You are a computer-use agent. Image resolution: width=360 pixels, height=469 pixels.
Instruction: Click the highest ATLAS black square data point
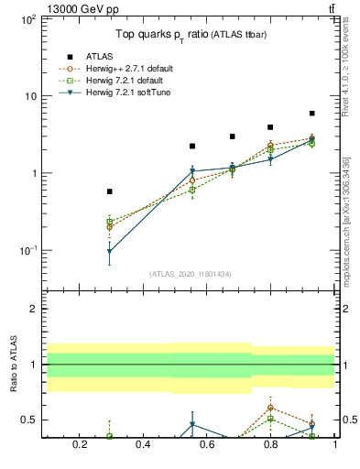[x=312, y=114]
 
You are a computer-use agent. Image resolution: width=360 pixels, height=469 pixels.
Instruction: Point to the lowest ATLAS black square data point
[x=110, y=191]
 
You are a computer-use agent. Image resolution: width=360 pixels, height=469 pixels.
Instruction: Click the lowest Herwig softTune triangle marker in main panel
[x=110, y=251]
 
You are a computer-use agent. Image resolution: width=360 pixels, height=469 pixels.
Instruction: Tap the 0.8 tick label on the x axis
[x=271, y=445]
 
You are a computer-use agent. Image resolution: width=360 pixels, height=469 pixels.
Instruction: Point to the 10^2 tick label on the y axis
[x=27, y=19]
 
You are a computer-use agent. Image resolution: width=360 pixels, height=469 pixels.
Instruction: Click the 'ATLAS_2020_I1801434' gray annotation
[x=189, y=274]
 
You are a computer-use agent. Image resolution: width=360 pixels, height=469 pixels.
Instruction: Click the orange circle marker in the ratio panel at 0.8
[x=270, y=407]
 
